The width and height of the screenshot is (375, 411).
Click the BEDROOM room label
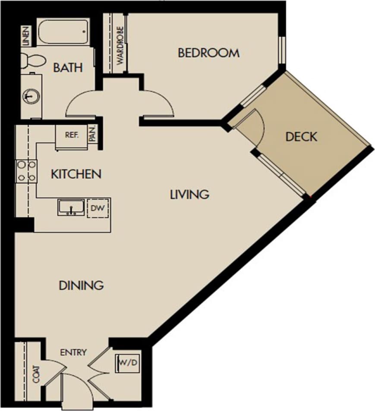click(208, 53)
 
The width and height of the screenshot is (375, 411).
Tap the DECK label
click(301, 137)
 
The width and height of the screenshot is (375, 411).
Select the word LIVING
click(189, 195)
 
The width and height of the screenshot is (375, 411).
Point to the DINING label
click(81, 285)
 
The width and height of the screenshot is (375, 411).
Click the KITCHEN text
click(76, 174)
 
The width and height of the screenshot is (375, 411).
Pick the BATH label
click(68, 68)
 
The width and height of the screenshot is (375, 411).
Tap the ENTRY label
click(73, 352)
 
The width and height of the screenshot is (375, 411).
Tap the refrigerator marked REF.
click(71, 135)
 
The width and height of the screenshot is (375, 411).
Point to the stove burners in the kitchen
click(25, 170)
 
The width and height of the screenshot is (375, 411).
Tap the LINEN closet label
click(27, 36)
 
